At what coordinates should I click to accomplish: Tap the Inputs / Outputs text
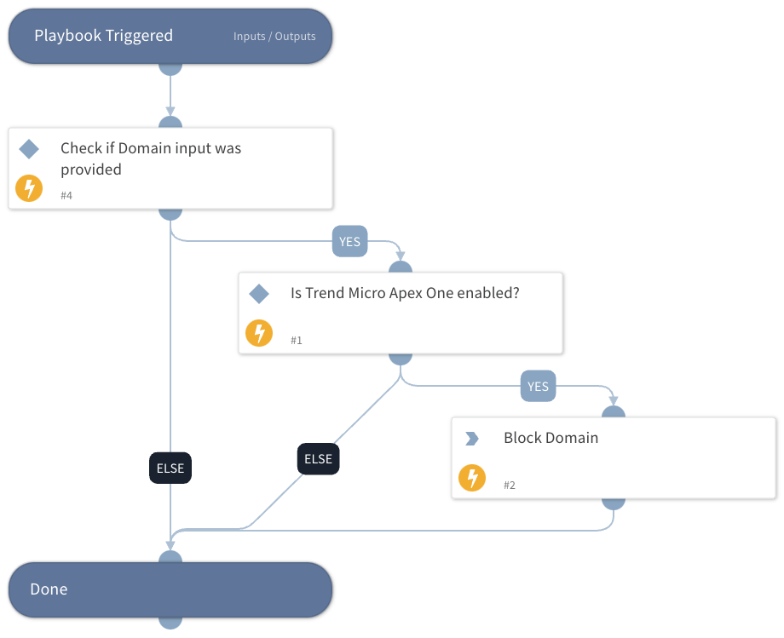274,37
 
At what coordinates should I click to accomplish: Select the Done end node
170,589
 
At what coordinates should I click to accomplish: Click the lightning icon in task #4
29,188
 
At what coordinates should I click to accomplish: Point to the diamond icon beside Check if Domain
29,150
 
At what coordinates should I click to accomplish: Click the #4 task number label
66,196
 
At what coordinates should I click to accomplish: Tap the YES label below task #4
349,242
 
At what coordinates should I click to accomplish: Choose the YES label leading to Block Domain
538,387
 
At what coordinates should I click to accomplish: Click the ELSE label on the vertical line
170,468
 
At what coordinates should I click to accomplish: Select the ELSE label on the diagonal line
318,459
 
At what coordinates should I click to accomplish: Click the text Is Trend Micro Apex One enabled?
405,293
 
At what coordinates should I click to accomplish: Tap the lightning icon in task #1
259,333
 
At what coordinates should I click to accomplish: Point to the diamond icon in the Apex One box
259,295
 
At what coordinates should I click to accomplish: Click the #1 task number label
297,341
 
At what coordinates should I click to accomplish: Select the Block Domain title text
551,438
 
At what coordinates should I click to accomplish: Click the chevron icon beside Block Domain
471,439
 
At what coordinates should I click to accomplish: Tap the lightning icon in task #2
472,478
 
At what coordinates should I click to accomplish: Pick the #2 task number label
510,486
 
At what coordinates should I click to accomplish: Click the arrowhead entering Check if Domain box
170,111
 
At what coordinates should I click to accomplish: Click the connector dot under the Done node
170,622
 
